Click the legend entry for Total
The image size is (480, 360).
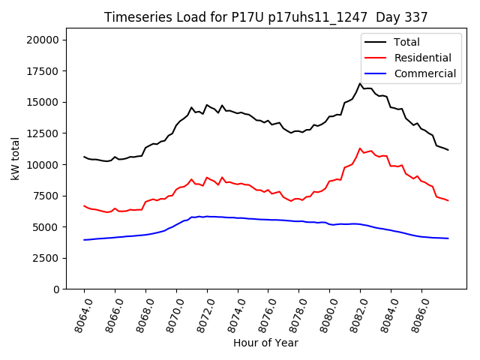407,42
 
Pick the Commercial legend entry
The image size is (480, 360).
425,73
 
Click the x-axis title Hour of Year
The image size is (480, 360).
265,343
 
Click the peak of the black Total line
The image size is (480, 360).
360,83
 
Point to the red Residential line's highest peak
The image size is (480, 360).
360,148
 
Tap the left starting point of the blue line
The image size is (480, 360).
84,240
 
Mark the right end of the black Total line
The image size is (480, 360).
448,150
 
